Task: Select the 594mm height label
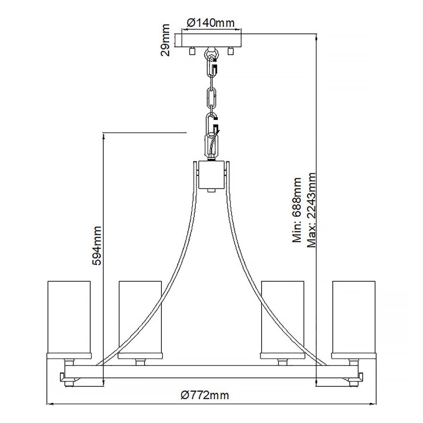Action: tap(97, 245)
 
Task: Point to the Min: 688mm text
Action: tap(297, 210)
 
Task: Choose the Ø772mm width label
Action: tap(204, 395)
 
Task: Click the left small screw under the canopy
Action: tap(192, 50)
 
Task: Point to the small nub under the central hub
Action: tap(211, 191)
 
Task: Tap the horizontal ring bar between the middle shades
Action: tap(211, 370)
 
